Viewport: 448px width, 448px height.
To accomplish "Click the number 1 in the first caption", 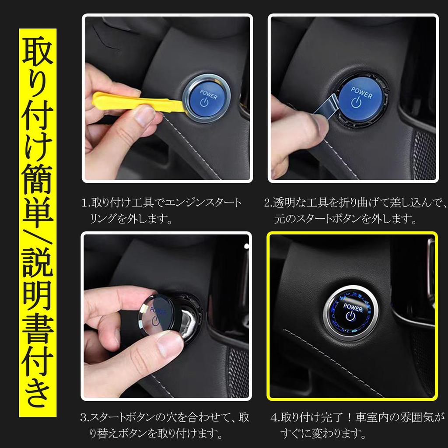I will pos(84,203).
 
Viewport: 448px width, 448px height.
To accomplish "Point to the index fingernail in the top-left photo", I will pos(144,116).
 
